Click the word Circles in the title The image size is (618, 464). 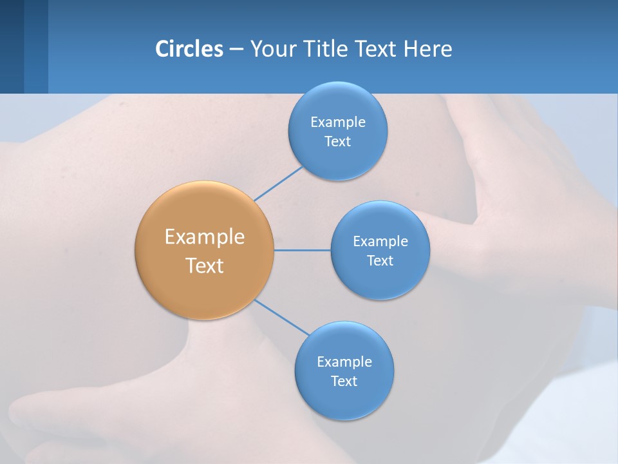189,49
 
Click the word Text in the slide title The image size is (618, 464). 377,49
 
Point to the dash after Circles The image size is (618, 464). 236,50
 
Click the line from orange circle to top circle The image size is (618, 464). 278,184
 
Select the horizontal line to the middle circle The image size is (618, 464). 302,250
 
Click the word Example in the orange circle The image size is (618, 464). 204,237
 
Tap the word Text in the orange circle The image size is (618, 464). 204,266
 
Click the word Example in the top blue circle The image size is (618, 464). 337,122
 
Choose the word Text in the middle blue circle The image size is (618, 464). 380,260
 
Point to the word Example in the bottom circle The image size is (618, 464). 344,362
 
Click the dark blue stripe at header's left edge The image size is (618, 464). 12,46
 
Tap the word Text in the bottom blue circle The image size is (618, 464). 344,382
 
